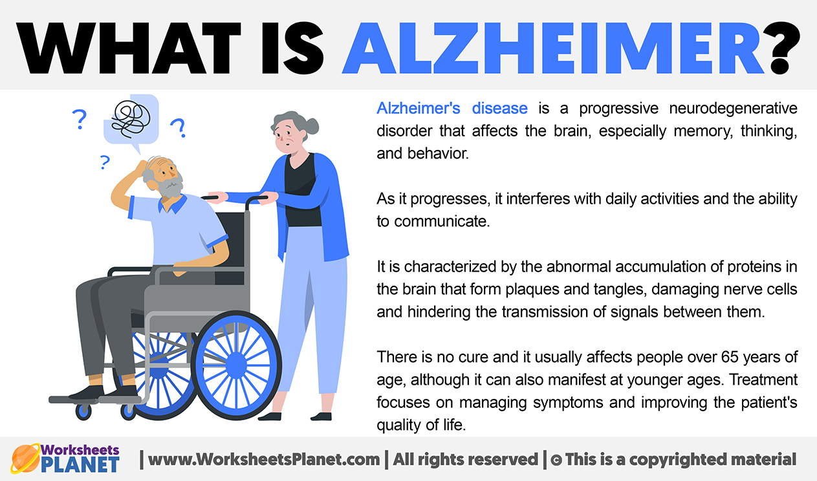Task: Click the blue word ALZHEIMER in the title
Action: (553, 48)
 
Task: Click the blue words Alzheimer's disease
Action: (452, 108)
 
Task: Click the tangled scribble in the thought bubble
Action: (131, 119)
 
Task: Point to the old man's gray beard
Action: (170, 186)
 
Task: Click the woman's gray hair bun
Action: (312, 126)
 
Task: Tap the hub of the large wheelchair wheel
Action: (236, 365)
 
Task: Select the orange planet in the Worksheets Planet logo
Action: (25, 458)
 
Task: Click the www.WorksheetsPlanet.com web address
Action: (264, 460)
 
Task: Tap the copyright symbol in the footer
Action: (556, 460)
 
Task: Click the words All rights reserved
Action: (465, 460)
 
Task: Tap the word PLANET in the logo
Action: (80, 465)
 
